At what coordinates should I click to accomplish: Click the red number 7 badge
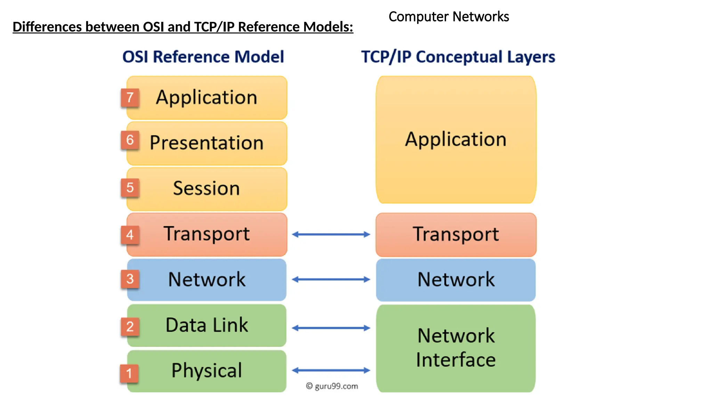tap(130, 98)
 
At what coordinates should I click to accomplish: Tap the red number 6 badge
tap(130, 140)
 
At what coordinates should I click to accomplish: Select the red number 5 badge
tap(130, 188)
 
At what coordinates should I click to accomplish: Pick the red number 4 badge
tap(130, 235)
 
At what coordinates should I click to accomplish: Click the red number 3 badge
tap(130, 279)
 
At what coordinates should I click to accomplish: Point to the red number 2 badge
tap(130, 327)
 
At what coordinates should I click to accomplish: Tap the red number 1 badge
tap(129, 374)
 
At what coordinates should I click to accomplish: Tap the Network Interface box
tap(456, 348)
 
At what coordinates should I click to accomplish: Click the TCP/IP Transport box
tap(456, 234)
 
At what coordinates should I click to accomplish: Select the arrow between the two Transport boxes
tap(331, 234)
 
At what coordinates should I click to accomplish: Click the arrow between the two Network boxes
tap(331, 279)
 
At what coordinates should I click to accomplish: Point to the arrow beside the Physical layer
tap(331, 370)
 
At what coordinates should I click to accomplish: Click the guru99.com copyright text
tap(332, 386)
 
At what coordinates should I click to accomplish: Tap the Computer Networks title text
tap(448, 17)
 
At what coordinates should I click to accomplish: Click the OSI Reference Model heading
tap(203, 57)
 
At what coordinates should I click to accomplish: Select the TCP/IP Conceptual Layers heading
tap(458, 57)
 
